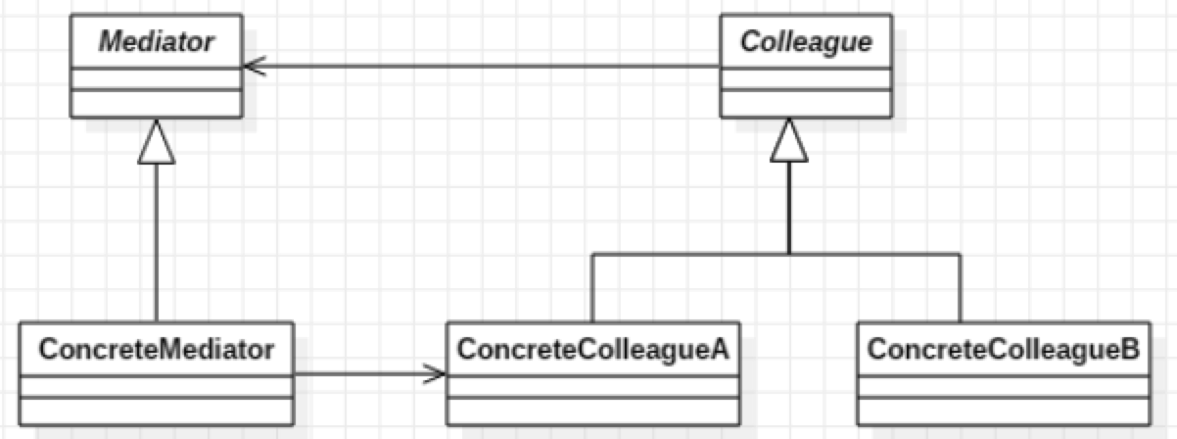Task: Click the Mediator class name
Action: pyautogui.click(x=157, y=43)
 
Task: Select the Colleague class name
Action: pyautogui.click(x=806, y=43)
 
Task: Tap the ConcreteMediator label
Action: pyautogui.click(x=156, y=348)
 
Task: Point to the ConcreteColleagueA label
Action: pyautogui.click(x=593, y=348)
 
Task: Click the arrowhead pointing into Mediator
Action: pyautogui.click(x=252, y=67)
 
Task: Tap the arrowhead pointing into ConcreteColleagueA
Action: pyautogui.click(x=437, y=373)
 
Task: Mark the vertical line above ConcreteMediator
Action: pyautogui.click(x=157, y=245)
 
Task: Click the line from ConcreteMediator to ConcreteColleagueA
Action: pyautogui.click(x=362, y=373)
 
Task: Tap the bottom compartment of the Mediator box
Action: pyautogui.click(x=157, y=102)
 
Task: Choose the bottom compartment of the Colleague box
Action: pyautogui.click(x=806, y=102)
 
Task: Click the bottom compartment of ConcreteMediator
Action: pyautogui.click(x=156, y=411)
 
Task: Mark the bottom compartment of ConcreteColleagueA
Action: pyautogui.click(x=593, y=411)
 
